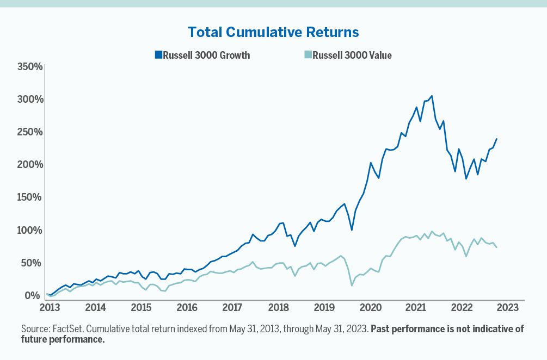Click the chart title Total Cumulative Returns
(273, 32)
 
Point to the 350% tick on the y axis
(29, 67)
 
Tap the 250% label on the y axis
(29, 132)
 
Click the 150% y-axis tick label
(29, 197)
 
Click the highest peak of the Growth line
(432, 96)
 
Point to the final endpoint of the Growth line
(496, 139)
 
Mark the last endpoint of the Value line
(496, 247)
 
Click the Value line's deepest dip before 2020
(352, 285)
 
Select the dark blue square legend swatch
(158, 55)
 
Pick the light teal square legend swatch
(308, 55)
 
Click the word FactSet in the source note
(67, 329)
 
